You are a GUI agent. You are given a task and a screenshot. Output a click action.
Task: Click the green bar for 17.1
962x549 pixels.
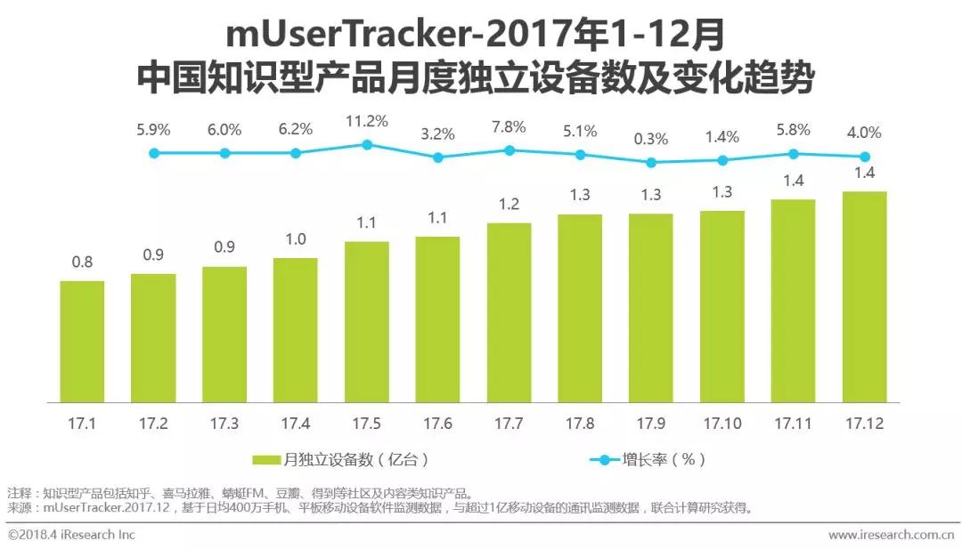82,340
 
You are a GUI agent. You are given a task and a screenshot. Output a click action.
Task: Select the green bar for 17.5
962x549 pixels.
366,320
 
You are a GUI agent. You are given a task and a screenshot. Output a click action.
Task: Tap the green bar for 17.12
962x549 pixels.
864,295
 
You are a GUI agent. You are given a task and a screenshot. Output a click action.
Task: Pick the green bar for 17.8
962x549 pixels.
580,307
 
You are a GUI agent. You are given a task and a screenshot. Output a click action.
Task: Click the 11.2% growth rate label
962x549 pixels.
366,121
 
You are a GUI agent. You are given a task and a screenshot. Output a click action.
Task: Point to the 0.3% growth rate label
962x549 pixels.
651,139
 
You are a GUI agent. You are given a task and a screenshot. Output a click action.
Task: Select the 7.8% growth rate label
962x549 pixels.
509,127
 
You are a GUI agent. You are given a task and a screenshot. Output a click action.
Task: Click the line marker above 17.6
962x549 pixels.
437,157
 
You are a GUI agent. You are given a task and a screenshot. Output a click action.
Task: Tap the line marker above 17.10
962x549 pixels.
722,160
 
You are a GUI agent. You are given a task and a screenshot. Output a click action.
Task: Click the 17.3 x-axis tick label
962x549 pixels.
224,424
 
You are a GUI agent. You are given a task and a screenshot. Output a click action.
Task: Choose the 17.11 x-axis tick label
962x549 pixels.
793,424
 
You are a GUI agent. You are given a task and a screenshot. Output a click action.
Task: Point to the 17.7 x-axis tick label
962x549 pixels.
509,424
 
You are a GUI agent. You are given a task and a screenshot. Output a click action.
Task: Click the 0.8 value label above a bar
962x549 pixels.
82,262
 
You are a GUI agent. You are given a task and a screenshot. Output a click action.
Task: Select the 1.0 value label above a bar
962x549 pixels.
296,238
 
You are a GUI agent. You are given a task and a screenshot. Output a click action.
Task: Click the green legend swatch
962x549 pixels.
266,460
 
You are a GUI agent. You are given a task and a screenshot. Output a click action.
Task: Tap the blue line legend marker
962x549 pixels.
605,460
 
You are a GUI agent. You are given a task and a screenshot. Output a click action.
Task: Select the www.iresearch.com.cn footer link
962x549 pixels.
891,535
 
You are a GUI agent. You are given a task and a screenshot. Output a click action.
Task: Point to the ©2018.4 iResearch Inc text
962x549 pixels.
71,535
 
